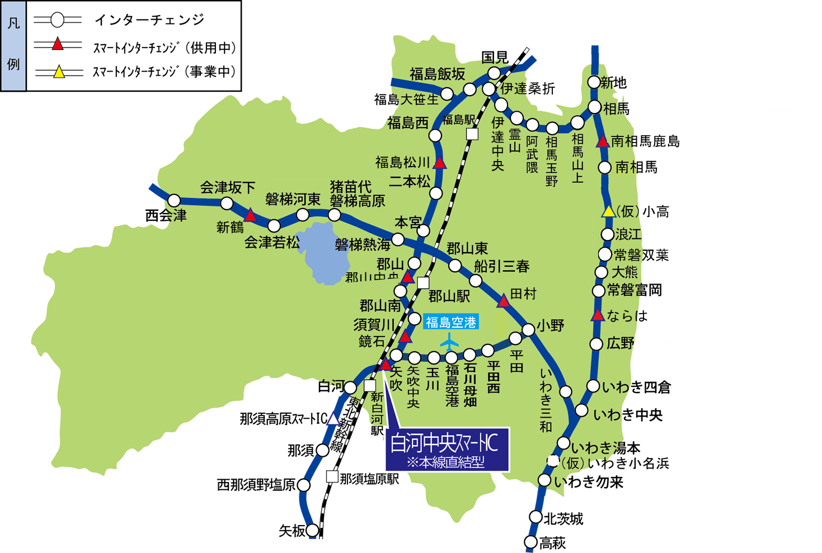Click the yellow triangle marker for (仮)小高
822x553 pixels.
608,211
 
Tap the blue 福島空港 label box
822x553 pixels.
450,322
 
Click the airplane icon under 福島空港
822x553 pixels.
449,341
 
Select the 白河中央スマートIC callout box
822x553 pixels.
447,450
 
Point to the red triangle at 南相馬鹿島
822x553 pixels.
603,141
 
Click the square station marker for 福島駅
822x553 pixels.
473,134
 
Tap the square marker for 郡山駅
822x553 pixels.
423,283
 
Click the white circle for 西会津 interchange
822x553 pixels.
174,200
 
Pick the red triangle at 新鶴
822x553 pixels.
250,215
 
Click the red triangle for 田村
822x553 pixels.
504,301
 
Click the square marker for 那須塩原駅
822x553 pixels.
332,477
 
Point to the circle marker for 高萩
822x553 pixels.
530,542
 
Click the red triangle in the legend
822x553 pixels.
58,44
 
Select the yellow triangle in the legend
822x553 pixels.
59,72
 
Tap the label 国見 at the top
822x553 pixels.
495,57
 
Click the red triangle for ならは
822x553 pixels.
598,316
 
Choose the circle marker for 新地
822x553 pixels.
594,82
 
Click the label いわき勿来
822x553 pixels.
589,481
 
